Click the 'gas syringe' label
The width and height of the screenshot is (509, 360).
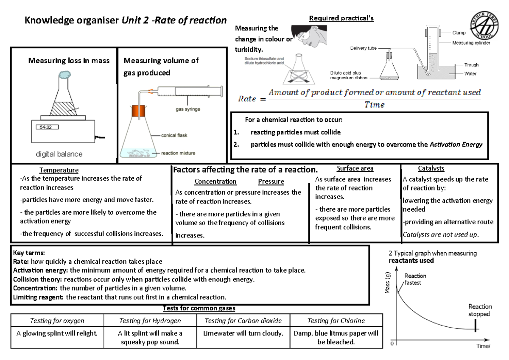(188, 109)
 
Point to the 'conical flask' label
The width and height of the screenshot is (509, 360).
(174, 136)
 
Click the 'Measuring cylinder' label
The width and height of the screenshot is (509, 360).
(471, 43)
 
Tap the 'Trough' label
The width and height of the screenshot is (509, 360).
(471, 65)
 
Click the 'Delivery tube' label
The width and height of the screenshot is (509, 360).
(363, 48)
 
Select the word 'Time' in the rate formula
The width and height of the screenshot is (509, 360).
(374, 105)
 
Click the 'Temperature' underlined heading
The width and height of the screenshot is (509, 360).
(59, 170)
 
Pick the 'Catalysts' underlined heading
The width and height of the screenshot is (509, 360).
(431, 169)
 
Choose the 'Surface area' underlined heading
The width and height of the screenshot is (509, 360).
(355, 169)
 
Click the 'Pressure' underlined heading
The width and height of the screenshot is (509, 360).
(271, 181)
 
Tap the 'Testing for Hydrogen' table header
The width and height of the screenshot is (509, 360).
(150, 321)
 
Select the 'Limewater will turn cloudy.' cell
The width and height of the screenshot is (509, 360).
(243, 333)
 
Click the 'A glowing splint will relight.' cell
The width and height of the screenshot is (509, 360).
(57, 333)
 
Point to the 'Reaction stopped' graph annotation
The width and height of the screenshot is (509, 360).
(480, 310)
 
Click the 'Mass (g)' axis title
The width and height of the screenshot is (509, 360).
(387, 282)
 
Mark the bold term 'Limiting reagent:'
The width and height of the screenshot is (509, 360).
(38, 297)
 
